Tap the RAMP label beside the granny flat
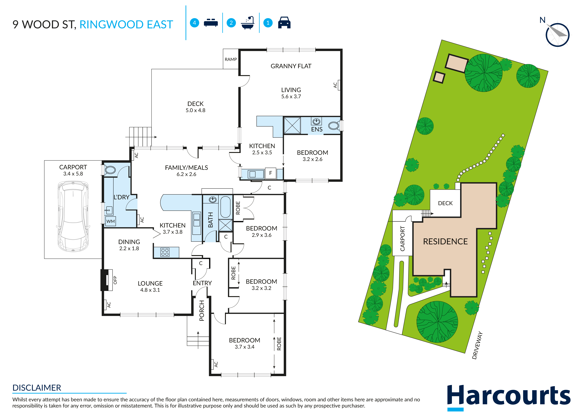click(x=231, y=59)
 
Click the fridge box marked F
click(x=271, y=173)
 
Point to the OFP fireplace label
click(x=115, y=280)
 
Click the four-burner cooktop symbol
click(x=165, y=252)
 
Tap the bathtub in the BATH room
click(x=225, y=207)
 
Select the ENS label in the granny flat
click(x=317, y=129)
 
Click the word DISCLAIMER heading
click(x=37, y=388)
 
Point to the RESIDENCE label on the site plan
click(x=445, y=241)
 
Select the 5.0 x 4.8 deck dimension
click(x=196, y=110)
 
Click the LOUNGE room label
click(x=150, y=283)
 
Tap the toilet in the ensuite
click(x=334, y=126)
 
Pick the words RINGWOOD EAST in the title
click(x=126, y=25)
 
